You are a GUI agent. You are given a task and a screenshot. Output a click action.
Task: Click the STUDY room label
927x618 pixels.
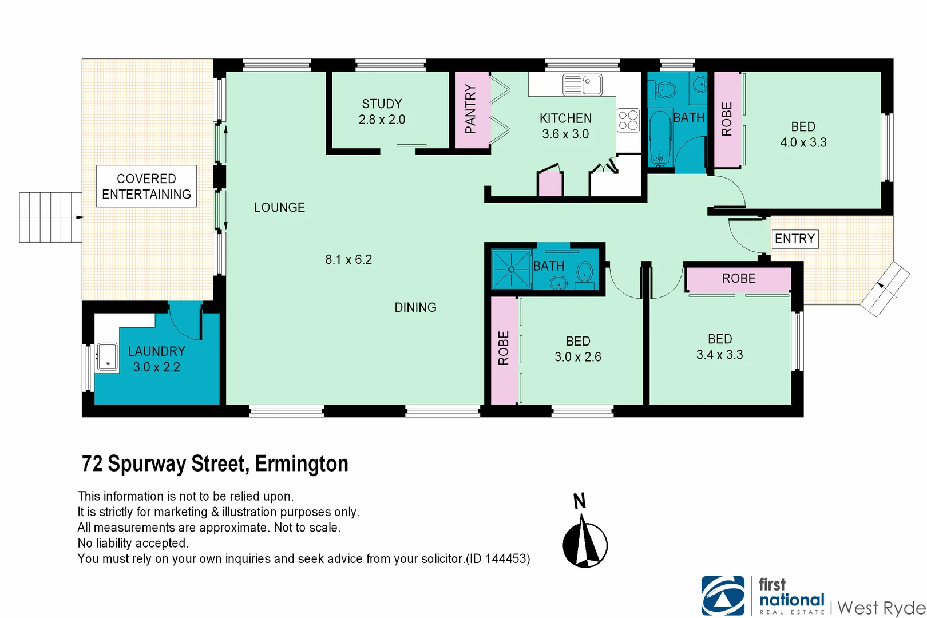point(382,104)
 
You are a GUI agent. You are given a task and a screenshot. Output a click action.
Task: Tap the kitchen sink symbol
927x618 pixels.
point(583,85)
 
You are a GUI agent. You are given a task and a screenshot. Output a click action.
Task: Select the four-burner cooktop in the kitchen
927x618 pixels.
point(628,121)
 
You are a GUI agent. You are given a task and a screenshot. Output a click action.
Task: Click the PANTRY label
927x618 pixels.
point(470,109)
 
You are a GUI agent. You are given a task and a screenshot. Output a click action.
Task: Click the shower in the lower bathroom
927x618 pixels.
point(511,269)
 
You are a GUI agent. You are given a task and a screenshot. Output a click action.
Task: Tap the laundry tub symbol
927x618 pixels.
point(107,357)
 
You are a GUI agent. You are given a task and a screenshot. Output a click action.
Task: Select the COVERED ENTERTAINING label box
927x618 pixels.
point(146,187)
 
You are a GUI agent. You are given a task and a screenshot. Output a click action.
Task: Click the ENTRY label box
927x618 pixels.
point(795,239)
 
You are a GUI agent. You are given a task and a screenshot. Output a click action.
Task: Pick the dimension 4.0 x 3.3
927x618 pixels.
point(803,142)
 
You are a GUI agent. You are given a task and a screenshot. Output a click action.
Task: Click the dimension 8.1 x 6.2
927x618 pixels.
point(348,260)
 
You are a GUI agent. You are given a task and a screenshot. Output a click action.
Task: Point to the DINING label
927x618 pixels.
point(415,308)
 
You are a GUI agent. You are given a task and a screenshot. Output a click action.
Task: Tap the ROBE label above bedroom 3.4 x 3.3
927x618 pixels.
point(739,279)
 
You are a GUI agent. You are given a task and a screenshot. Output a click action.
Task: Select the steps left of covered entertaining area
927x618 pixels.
point(50,217)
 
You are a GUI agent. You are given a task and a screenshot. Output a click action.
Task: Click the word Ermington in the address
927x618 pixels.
point(302,464)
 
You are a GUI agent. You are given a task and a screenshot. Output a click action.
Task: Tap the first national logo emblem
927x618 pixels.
point(723,596)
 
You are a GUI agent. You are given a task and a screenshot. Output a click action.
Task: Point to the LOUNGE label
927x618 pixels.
point(279,208)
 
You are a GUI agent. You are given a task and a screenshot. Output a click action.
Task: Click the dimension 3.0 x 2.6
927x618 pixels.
point(578,357)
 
